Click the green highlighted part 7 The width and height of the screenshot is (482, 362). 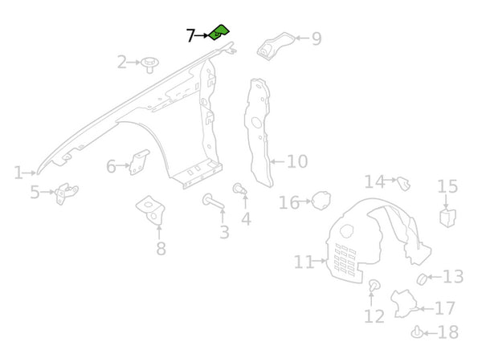pyautogui.click(x=219, y=33)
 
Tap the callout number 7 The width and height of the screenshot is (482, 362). pyautogui.click(x=190, y=36)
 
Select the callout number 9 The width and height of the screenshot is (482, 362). pyautogui.click(x=316, y=38)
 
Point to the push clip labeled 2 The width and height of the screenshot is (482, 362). pyautogui.click(x=149, y=63)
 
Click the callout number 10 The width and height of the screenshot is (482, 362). pyautogui.click(x=296, y=162)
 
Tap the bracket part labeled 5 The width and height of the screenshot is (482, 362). pyautogui.click(x=62, y=193)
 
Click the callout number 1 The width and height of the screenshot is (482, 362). pyautogui.click(x=18, y=172)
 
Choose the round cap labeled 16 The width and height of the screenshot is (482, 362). pyautogui.click(x=321, y=200)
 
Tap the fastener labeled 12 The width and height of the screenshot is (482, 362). pyautogui.click(x=374, y=286)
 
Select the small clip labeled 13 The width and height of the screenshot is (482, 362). pyautogui.click(x=420, y=278)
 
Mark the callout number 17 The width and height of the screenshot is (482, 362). pyautogui.click(x=445, y=308)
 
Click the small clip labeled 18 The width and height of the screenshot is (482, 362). pyautogui.click(x=416, y=331)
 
